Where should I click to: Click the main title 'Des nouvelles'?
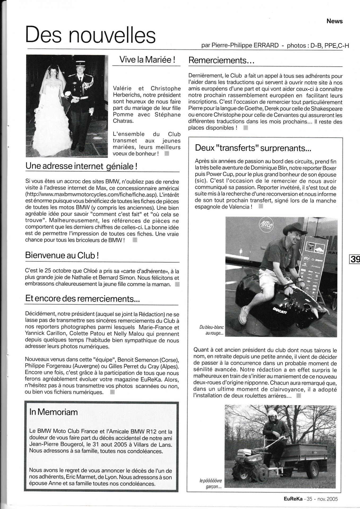tap(90, 35)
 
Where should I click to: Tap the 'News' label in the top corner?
tap(335, 21)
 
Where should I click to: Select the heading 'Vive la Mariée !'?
tap(147, 59)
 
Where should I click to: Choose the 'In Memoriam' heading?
tap(54, 412)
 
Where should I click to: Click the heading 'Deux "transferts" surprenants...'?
tap(253, 148)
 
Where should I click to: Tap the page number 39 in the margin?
tap(355, 259)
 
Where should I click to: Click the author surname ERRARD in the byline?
tap(266, 45)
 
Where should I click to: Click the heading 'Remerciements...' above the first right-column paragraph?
tap(222, 60)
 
